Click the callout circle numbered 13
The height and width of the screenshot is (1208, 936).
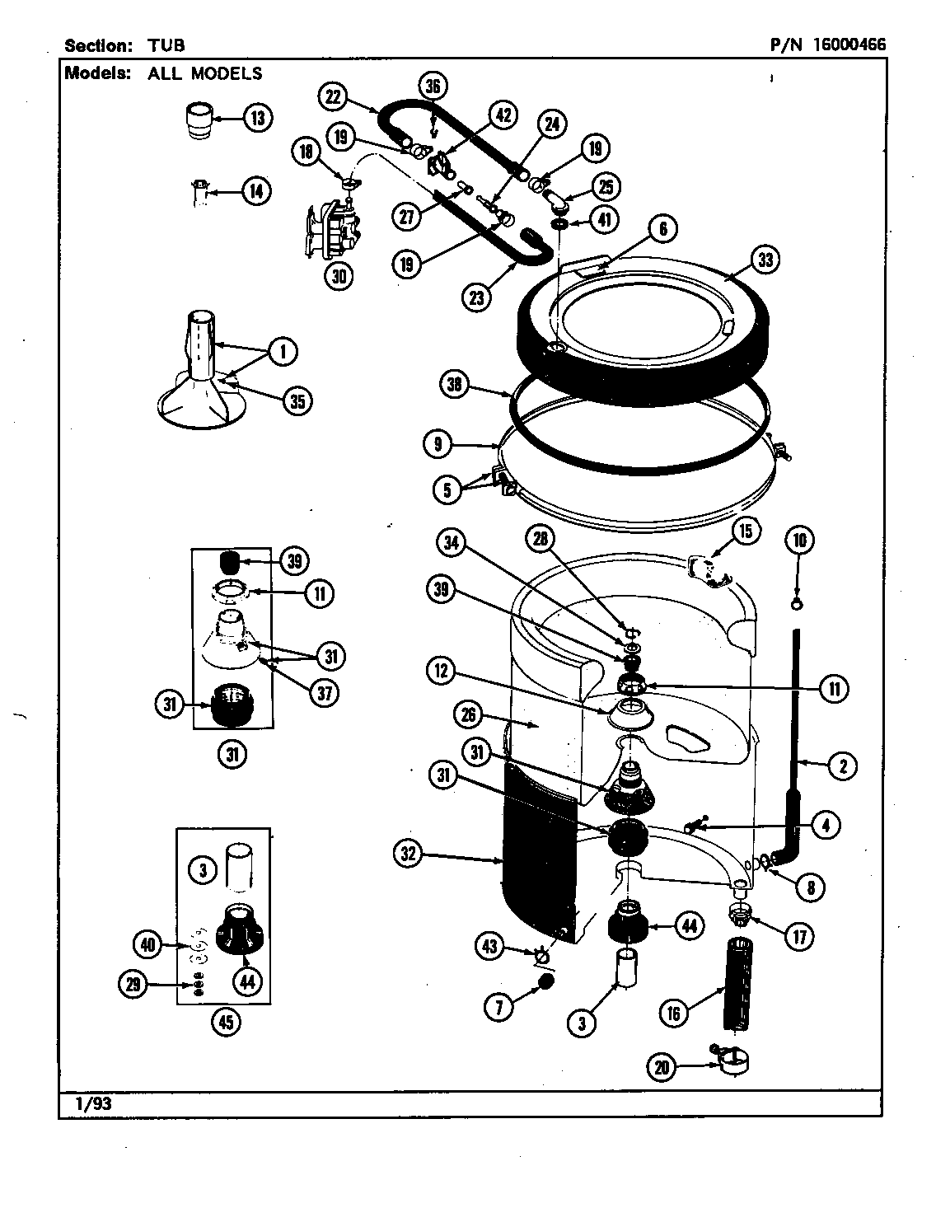[x=258, y=118]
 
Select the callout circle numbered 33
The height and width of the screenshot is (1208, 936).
[x=765, y=260]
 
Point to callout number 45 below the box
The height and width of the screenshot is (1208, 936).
[x=225, y=1023]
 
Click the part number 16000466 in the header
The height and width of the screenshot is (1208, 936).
[x=849, y=44]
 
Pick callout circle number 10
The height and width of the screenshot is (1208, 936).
[x=798, y=541]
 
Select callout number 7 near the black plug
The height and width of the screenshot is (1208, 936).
[x=500, y=1006]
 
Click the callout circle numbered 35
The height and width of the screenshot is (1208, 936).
[x=297, y=400]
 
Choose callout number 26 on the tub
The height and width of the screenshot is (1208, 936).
[x=469, y=714]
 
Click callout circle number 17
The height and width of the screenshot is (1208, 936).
[x=798, y=935]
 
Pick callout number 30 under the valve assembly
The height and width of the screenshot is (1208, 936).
[x=338, y=275]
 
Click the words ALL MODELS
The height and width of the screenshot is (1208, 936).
[x=205, y=73]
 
